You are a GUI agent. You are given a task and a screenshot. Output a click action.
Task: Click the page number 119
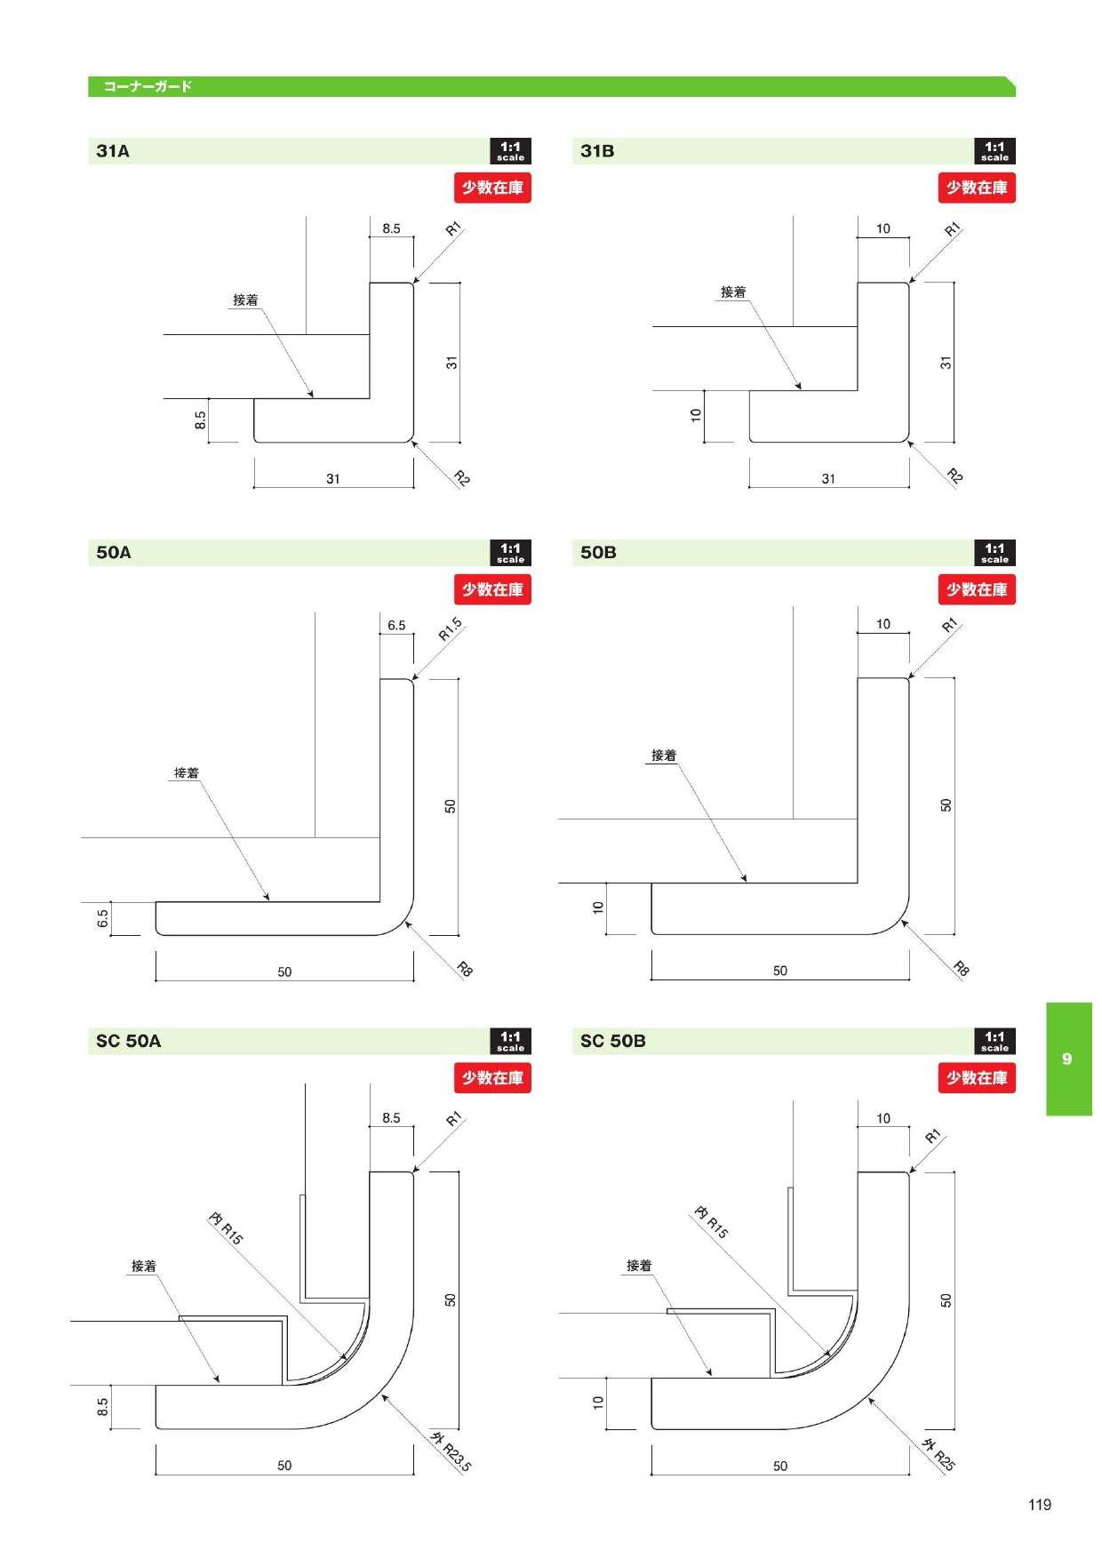(x=1039, y=1504)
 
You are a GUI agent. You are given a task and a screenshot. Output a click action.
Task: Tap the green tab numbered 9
(x=1068, y=1059)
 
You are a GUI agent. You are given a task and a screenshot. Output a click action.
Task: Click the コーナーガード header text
(x=148, y=86)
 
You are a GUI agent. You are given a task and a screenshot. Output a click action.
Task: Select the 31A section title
(x=113, y=151)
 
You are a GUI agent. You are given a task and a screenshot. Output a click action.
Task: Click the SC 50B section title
(x=612, y=1041)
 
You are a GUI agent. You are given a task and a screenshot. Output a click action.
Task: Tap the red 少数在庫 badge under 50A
(x=492, y=589)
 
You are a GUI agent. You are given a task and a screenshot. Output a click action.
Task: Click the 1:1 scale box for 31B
(x=994, y=151)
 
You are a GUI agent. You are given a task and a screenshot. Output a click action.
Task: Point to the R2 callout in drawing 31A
(x=461, y=478)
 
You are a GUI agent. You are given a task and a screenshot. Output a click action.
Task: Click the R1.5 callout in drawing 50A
(x=450, y=629)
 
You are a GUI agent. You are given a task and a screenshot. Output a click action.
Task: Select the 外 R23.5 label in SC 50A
(x=451, y=1451)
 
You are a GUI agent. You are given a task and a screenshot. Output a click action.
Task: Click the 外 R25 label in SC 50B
(x=938, y=1455)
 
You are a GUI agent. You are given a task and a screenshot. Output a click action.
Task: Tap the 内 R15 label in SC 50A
(x=226, y=1227)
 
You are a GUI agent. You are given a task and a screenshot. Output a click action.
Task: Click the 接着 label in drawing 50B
(x=664, y=756)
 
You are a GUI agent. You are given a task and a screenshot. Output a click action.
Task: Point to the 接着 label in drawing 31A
(x=245, y=300)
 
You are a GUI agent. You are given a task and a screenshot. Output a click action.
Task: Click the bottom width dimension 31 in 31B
(x=828, y=479)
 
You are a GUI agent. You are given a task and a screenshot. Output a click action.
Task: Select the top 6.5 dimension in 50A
(x=396, y=626)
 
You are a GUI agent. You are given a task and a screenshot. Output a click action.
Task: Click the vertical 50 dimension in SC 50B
(x=946, y=1299)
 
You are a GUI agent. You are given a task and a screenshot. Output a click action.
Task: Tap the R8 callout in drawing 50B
(x=961, y=968)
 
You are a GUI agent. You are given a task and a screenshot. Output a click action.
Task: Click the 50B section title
(x=598, y=553)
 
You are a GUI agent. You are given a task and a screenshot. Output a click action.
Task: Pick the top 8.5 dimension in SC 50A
(x=391, y=1118)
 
